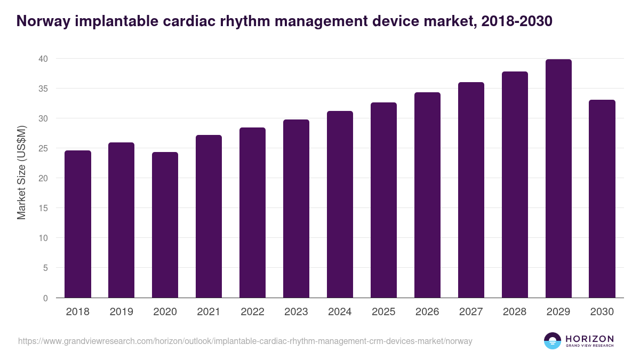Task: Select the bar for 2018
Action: click(78, 224)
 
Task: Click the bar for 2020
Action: click(165, 225)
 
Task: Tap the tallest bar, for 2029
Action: click(558, 179)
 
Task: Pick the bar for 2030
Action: click(602, 198)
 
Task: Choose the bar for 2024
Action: click(340, 204)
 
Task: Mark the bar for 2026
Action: click(428, 195)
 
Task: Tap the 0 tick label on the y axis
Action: click(45, 298)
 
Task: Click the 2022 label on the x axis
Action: click(253, 312)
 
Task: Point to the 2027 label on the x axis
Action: click(471, 312)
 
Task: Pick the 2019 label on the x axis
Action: click(122, 312)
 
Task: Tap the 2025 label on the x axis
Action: click(384, 312)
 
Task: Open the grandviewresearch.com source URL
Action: click(245, 341)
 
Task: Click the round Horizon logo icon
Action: click(553, 341)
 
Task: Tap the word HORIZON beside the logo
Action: click(589, 339)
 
